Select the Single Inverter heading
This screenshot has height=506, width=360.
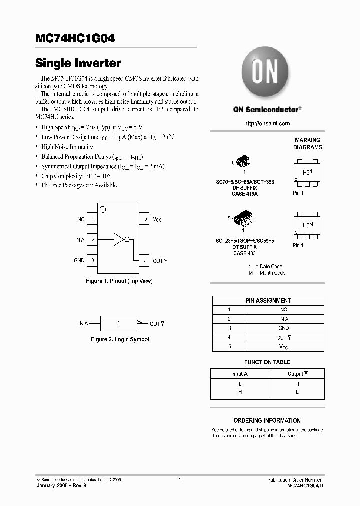[78, 63]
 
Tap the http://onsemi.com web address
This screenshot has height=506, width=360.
[267, 123]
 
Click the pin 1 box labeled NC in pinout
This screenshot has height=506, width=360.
[93, 219]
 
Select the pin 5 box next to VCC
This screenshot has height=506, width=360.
[144, 219]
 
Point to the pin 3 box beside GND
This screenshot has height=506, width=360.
[93, 260]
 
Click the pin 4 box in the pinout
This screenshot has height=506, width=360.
[144, 261]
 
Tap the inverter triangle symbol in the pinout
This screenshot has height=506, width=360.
[120, 240]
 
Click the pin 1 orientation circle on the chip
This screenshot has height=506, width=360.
[103, 209]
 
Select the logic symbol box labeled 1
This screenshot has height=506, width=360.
[118, 323]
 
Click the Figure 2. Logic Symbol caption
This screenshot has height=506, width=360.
[120, 339]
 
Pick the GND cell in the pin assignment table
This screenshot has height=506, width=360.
[283, 328]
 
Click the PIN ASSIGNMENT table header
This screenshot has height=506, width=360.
[268, 301]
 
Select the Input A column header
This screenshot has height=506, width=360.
[239, 374]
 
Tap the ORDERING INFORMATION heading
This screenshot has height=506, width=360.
[267, 421]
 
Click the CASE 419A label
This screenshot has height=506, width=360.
[245, 193]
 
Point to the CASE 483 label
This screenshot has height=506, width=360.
[245, 253]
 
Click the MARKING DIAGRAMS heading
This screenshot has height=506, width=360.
[307, 144]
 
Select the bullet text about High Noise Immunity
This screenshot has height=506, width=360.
[67, 147]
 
